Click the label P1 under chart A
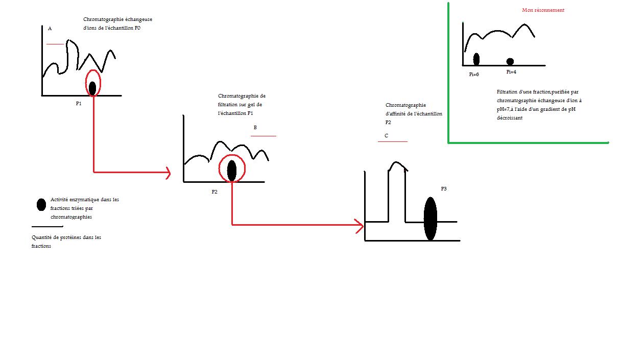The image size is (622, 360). coord(79,103)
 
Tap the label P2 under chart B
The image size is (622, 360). coord(214,191)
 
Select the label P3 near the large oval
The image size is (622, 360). coord(444,189)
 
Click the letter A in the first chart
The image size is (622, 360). coord(50,29)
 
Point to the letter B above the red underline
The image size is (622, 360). coord(255,128)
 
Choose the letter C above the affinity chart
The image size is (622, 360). coord(386,135)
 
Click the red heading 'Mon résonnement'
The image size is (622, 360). coord(543,10)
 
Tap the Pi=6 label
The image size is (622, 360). coord(474,75)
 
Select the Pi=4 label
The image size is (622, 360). coord(511,72)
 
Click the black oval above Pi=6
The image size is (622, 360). coord(476,59)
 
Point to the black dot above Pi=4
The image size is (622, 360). coord(510,62)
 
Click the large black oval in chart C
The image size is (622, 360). coord(430,218)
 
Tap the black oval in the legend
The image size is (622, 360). coord(41,205)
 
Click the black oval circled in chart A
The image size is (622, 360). coord(92,88)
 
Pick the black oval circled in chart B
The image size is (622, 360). coord(232,170)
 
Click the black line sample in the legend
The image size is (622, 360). coord(47,226)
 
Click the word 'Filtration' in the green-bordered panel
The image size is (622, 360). coord(508,92)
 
